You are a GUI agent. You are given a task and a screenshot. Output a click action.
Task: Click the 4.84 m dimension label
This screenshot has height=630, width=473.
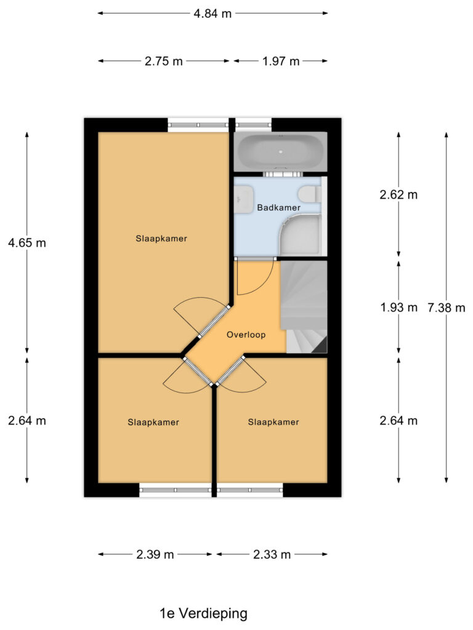pyautogui.click(x=212, y=14)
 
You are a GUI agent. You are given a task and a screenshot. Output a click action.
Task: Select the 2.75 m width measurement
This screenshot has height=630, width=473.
pyautogui.click(x=164, y=61)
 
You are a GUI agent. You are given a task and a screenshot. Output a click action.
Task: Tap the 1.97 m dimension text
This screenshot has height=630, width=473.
pyautogui.click(x=280, y=61)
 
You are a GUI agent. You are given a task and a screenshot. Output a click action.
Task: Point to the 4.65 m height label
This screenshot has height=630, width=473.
pyautogui.click(x=26, y=242)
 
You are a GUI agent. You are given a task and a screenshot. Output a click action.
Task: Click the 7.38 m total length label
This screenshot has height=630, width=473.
pyautogui.click(x=447, y=308)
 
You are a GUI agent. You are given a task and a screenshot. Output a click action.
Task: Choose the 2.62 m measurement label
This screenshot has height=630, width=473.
pyautogui.click(x=398, y=195)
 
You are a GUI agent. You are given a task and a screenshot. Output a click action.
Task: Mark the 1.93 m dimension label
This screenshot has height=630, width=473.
pyautogui.click(x=398, y=308)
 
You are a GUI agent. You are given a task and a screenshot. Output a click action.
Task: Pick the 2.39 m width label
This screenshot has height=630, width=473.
pyautogui.click(x=155, y=554)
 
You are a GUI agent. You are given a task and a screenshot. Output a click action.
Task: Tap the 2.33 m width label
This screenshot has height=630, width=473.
pyautogui.click(x=272, y=554)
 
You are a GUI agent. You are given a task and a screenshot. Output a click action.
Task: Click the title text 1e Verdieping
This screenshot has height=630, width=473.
pyautogui.click(x=203, y=613)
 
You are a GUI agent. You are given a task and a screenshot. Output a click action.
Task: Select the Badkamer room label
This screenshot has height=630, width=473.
pyautogui.click(x=278, y=208)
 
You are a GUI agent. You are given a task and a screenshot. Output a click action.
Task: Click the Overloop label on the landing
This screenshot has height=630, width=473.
pyautogui.click(x=246, y=335)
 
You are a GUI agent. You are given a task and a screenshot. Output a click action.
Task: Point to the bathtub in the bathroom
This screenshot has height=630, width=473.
pyautogui.click(x=280, y=151)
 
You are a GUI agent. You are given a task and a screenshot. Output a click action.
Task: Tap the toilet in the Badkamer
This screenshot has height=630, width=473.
pyautogui.click(x=307, y=195)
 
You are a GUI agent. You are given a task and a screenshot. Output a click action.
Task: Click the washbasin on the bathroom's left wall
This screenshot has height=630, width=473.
pyautogui.click(x=241, y=197)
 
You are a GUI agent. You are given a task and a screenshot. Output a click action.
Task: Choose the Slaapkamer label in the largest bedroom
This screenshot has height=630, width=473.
pyautogui.click(x=161, y=238)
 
